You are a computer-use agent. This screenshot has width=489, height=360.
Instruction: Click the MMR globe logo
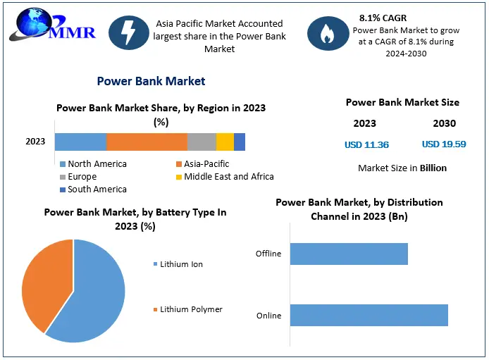[x=32, y=25]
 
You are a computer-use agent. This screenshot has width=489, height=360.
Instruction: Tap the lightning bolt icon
[x=129, y=33]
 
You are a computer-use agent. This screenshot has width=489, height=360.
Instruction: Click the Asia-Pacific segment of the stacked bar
[x=147, y=142]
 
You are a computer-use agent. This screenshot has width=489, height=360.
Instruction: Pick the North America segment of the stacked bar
[x=80, y=142]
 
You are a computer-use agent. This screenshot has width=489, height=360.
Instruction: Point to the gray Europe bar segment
[x=202, y=142]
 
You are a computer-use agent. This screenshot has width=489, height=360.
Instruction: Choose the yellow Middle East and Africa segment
[x=225, y=142]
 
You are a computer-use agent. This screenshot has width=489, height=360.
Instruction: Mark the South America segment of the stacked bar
[x=240, y=142]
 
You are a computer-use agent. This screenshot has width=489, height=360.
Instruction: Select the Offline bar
[x=349, y=254]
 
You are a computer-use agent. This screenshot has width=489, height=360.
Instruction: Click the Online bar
[x=369, y=315]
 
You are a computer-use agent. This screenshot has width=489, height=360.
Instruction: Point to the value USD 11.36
[x=366, y=145]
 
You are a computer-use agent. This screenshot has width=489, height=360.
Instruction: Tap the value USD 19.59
[x=444, y=144]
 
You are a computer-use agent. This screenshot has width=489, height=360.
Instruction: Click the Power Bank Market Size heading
[x=402, y=103]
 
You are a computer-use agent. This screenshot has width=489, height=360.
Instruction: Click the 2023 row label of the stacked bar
[x=35, y=142]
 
